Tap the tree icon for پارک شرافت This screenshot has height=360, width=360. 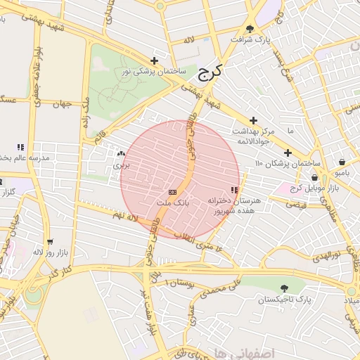tap(250, 29)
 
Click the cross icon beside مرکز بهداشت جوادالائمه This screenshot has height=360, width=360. tap(254, 121)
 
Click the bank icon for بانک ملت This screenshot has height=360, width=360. tap(172, 192)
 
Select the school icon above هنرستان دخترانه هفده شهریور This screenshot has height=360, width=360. tap(234, 190)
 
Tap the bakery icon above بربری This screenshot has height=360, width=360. tap(122, 153)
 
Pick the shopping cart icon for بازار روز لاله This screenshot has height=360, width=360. tap(49, 240)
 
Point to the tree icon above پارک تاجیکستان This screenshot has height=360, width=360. tap(284, 288)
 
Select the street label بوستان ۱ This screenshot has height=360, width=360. tap(177, 282)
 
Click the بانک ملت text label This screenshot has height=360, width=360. tap(172, 202)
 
